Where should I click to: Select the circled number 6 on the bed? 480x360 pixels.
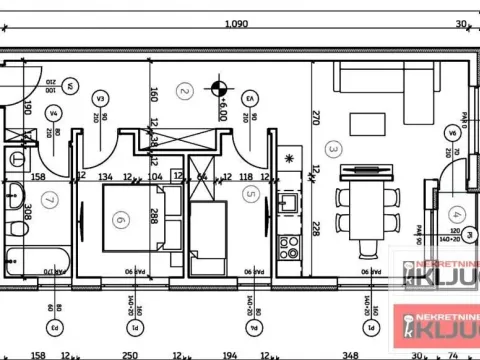[121, 220]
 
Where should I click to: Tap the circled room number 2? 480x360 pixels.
[183, 91]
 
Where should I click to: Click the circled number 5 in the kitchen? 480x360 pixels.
[252, 195]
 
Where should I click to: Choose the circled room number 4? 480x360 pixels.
[456, 212]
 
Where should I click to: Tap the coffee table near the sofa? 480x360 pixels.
[360, 124]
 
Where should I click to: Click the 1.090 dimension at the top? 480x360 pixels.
[237, 25]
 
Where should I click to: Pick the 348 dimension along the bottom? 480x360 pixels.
[349, 353]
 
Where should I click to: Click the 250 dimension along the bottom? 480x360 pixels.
[130, 353]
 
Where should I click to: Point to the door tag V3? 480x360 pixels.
[100, 99]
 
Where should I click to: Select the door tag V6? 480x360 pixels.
[453, 131]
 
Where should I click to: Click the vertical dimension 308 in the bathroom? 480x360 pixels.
[29, 211]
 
